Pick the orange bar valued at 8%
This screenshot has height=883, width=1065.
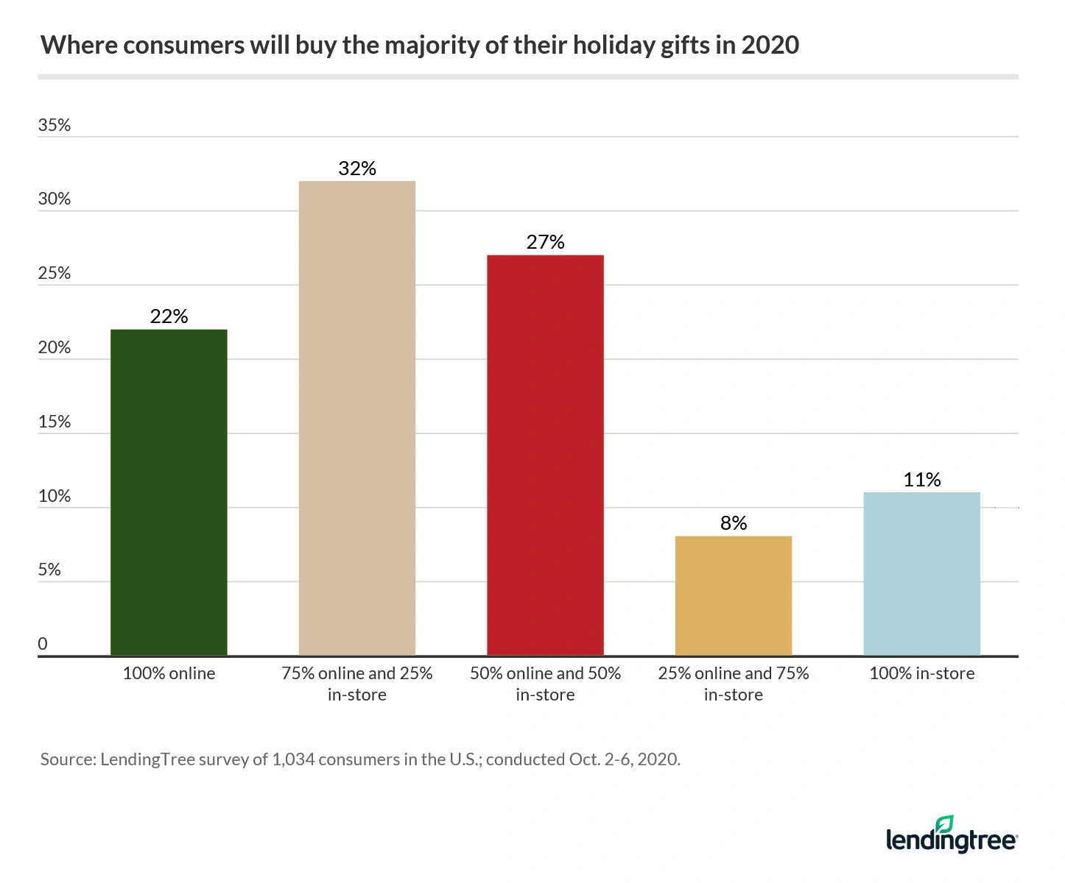click(734, 595)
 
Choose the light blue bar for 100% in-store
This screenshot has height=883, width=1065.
click(921, 573)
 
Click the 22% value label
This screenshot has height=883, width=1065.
click(169, 316)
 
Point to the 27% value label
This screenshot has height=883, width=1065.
click(545, 242)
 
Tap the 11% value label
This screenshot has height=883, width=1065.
click(922, 480)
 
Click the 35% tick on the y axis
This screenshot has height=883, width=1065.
click(55, 125)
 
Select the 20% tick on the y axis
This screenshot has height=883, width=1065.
click(55, 347)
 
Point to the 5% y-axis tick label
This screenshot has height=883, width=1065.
click(49, 570)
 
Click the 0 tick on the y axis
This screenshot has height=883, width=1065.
click(43, 644)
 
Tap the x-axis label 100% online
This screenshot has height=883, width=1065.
click(169, 673)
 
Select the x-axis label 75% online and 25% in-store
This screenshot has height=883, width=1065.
click(357, 684)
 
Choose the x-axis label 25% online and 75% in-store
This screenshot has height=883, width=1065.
click(734, 684)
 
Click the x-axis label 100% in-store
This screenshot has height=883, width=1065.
click(921, 673)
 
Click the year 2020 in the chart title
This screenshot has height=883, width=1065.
click(770, 46)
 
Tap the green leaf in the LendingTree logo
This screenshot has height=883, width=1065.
click(945, 824)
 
